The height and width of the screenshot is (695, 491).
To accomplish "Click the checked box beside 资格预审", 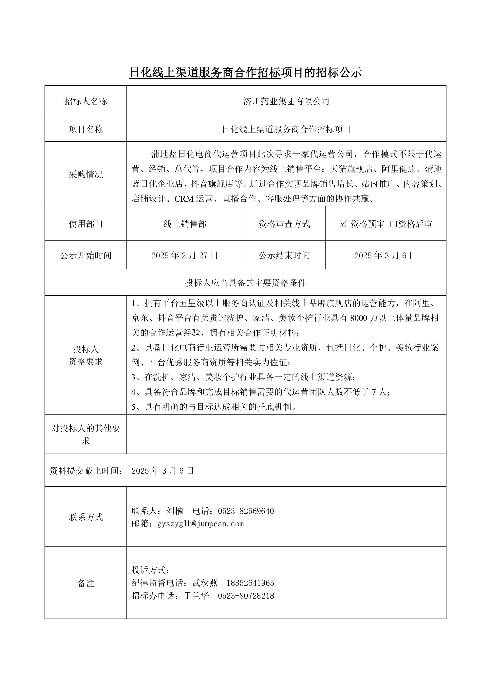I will (x=343, y=224).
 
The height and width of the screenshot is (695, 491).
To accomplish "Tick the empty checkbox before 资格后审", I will (x=393, y=224).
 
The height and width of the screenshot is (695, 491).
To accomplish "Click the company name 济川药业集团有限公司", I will (x=286, y=101).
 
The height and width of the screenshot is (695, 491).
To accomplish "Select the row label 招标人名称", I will (x=86, y=101).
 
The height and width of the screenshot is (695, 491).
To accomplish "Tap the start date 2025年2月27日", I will (x=184, y=256).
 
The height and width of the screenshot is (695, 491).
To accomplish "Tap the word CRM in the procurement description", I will (x=184, y=199).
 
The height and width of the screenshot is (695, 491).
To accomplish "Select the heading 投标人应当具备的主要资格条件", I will (x=245, y=283).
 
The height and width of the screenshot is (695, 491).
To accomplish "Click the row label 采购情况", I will (x=86, y=174).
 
